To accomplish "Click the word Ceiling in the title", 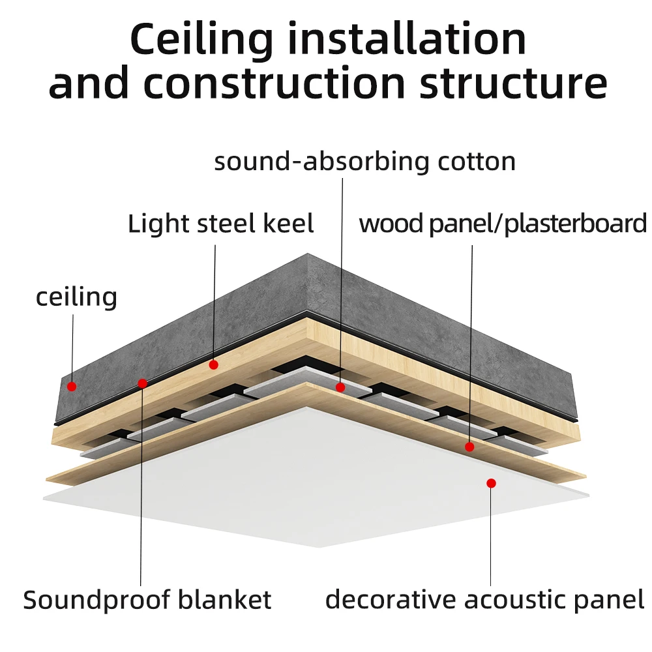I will [x=201, y=40].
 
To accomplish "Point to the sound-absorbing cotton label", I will [x=364, y=162].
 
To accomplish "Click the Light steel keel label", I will [x=220, y=224].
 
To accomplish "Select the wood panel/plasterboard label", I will [x=502, y=224].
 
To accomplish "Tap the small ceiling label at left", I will [x=76, y=297].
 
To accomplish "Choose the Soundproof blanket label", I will [x=147, y=599].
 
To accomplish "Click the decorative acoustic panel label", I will [x=484, y=599].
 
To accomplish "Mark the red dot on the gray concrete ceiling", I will [x=72, y=386].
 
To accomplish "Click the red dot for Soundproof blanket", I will [x=143, y=383].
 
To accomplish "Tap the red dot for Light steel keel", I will [x=213, y=365].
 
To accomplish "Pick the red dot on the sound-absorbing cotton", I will [x=340, y=387].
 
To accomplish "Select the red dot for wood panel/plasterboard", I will [x=469, y=447].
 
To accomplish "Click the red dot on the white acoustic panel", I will [x=491, y=483].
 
